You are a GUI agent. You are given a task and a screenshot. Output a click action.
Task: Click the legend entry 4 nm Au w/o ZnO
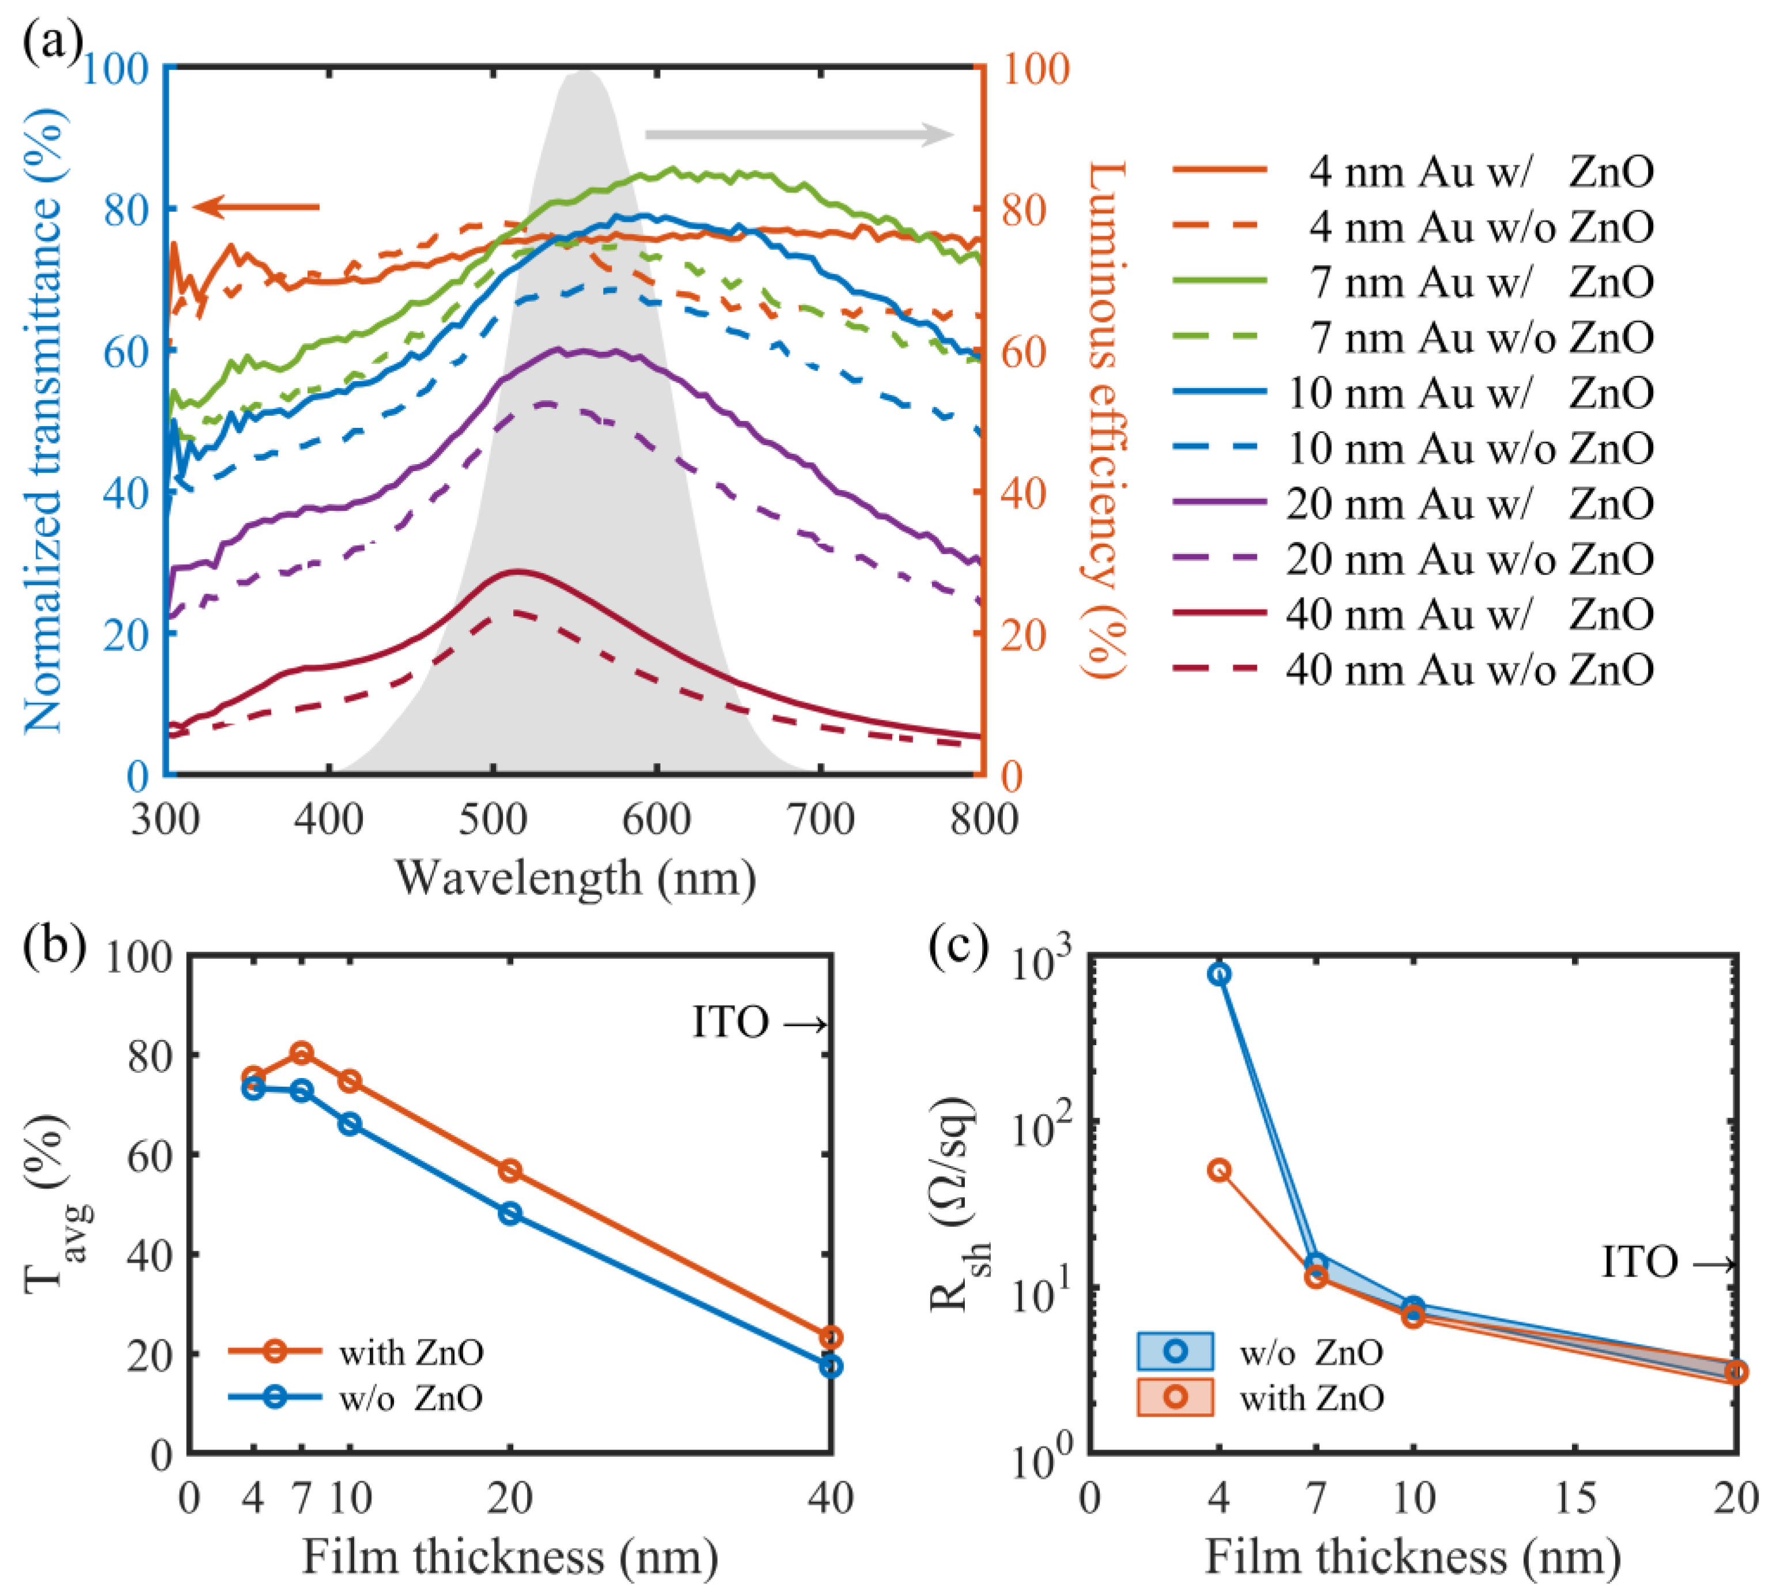click(1413, 227)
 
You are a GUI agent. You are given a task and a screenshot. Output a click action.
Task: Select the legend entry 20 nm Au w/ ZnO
click(1413, 504)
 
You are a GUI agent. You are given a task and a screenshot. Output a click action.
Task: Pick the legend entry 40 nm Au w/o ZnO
click(1413, 670)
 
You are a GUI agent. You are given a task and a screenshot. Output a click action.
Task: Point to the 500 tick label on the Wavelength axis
click(493, 821)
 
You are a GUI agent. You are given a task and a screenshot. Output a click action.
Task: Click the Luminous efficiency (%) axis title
click(1106, 420)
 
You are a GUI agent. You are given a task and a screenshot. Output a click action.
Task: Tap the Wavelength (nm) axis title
click(575, 878)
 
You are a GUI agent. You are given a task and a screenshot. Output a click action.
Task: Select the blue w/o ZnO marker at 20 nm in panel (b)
click(510, 1214)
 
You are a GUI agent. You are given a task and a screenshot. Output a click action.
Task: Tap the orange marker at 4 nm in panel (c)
click(1219, 1171)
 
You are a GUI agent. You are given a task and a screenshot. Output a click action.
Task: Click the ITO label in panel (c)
click(1639, 1263)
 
